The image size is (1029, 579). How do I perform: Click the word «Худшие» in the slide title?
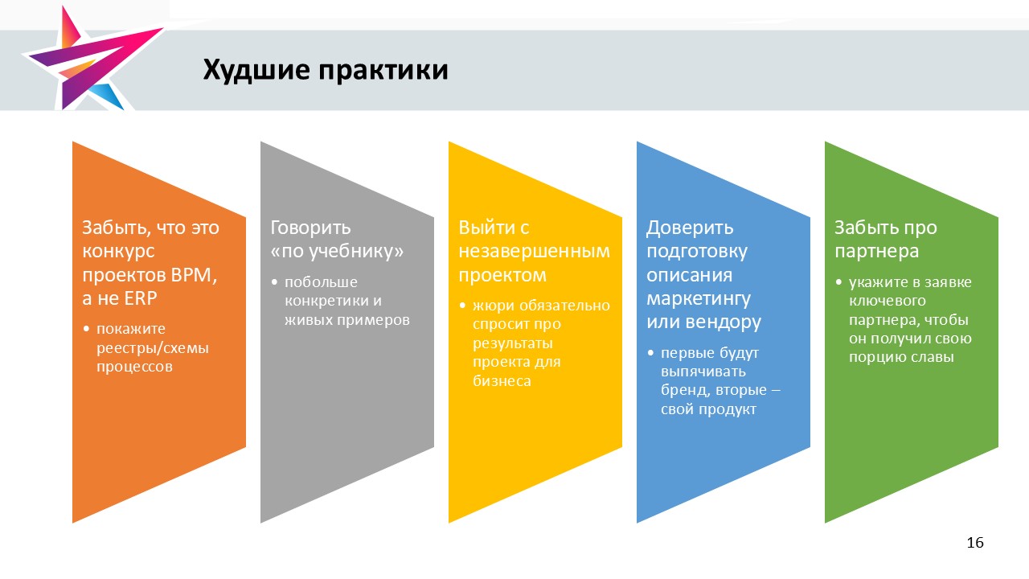(x=256, y=70)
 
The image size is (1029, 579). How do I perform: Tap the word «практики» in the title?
(x=383, y=70)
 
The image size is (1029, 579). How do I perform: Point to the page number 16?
(x=975, y=543)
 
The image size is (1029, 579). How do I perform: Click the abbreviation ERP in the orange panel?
(x=140, y=298)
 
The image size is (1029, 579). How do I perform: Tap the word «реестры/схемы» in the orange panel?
(x=153, y=349)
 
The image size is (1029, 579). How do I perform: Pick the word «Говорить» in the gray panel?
(x=310, y=228)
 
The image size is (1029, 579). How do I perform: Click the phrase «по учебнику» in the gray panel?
(x=337, y=252)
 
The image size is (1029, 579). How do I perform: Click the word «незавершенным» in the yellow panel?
(x=534, y=252)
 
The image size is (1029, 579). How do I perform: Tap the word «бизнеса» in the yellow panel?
(x=502, y=381)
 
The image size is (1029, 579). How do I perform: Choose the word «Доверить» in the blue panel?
(x=690, y=228)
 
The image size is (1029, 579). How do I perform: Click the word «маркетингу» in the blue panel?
(x=699, y=299)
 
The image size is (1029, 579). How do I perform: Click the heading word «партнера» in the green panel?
(x=876, y=252)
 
